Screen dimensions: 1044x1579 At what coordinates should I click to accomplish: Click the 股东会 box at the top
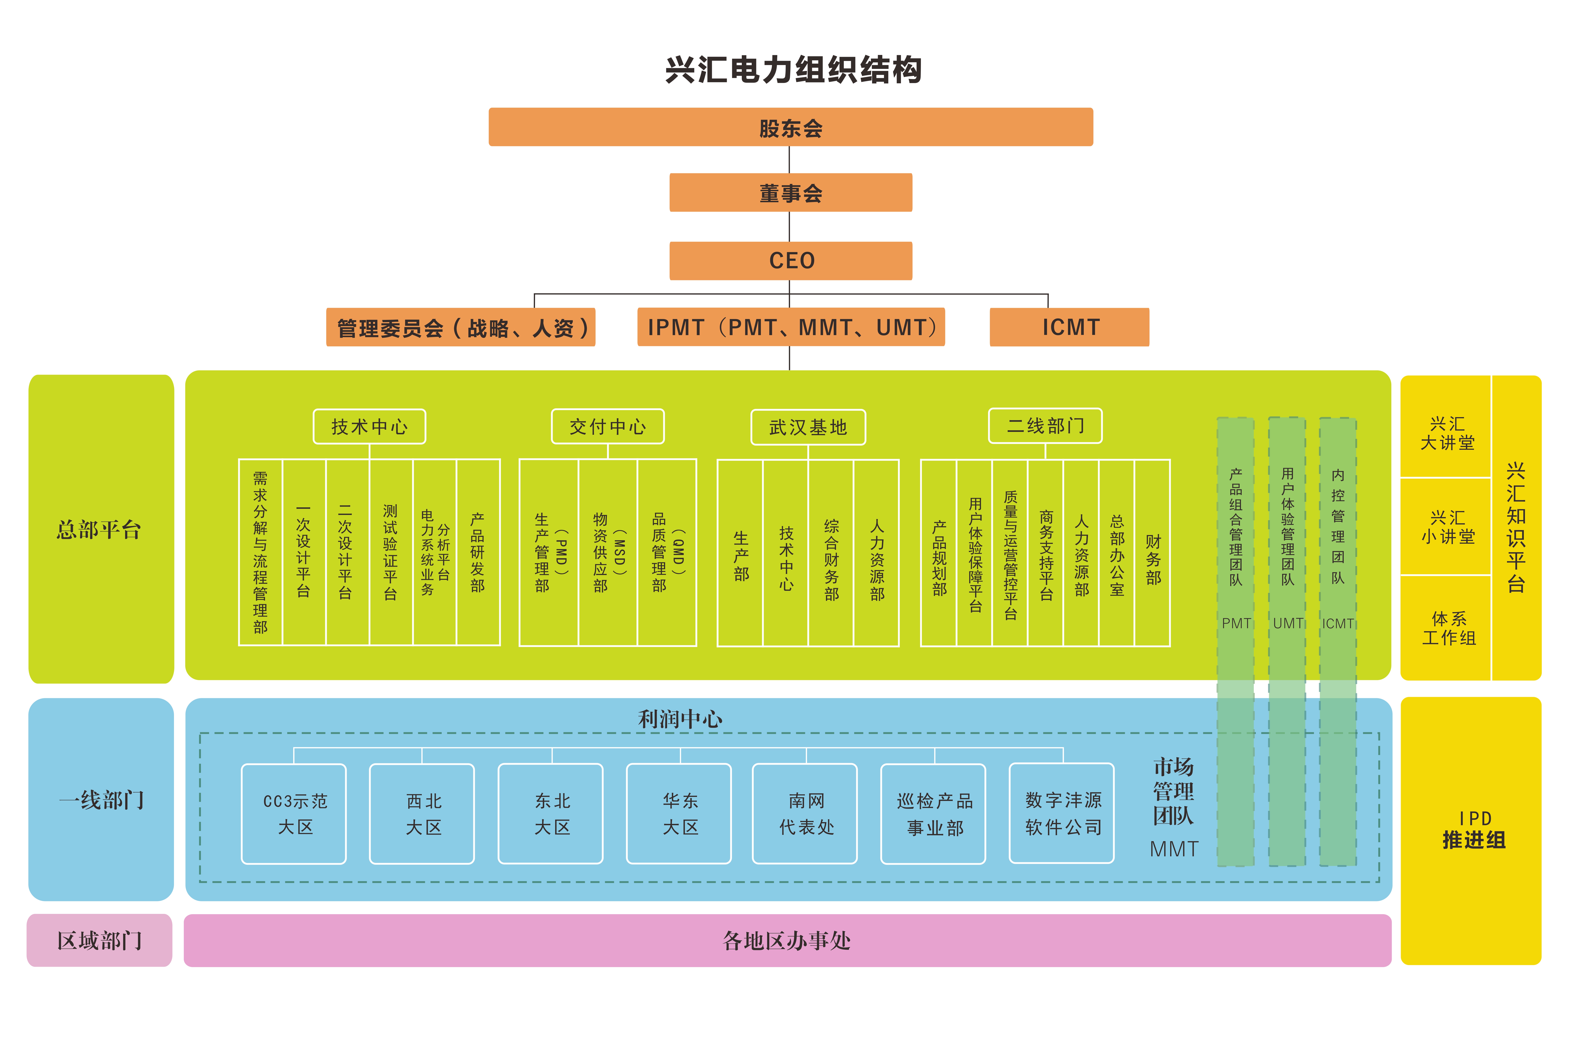point(790,127)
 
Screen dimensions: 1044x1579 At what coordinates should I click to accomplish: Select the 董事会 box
point(790,193)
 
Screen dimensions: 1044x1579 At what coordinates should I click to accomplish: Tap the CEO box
point(790,260)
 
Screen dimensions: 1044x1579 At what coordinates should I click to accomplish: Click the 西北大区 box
point(422,814)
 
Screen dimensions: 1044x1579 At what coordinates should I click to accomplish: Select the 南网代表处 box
point(805,814)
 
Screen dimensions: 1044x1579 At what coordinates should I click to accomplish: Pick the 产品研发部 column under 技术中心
point(478,553)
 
